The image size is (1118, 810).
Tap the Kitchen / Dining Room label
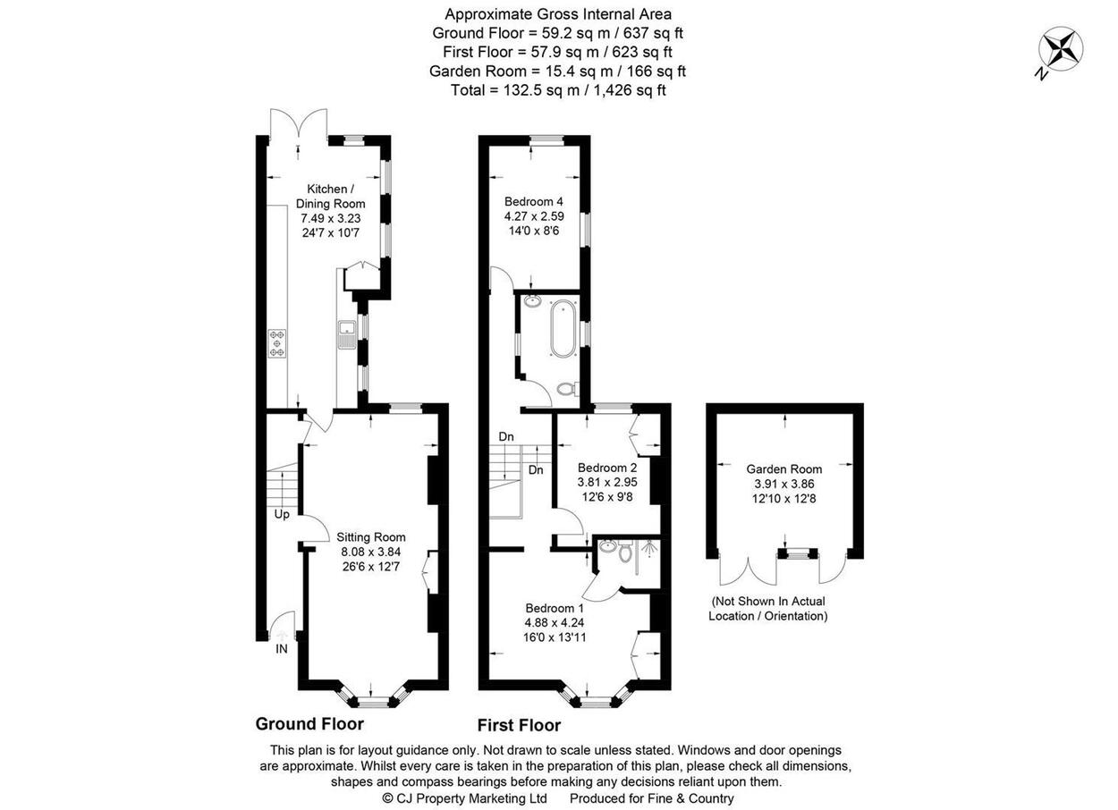(330, 197)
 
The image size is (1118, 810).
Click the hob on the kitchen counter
(277, 343)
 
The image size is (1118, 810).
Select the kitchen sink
(346, 334)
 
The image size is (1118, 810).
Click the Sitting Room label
(371, 537)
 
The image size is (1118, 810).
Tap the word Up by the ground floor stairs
(282, 515)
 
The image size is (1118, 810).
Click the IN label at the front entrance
(282, 649)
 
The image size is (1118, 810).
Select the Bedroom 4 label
(534, 201)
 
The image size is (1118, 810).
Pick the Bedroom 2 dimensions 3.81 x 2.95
(607, 482)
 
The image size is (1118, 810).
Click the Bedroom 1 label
(555, 608)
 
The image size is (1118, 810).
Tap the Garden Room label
(784, 468)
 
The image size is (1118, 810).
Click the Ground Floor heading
(309, 723)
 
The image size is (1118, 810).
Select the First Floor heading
(519, 725)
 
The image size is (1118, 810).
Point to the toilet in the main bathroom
(568, 388)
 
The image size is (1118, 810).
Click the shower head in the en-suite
(648, 548)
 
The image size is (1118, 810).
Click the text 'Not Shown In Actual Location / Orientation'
(768, 609)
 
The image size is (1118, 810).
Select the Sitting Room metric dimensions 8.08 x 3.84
(371, 553)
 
